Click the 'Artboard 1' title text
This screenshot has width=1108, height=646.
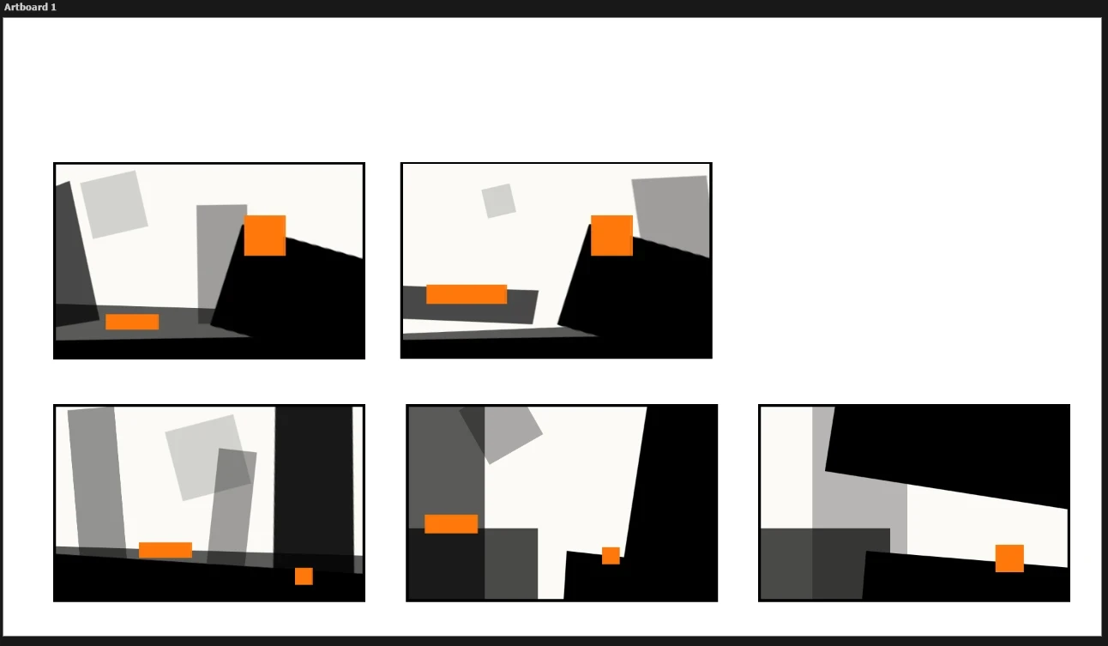pyautogui.click(x=30, y=8)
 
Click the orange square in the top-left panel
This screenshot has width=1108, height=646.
pyautogui.click(x=265, y=235)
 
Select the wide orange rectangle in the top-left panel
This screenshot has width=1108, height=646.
pyautogui.click(x=132, y=322)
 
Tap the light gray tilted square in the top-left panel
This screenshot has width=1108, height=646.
pyautogui.click(x=114, y=205)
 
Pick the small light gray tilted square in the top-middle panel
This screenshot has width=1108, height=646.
pyautogui.click(x=498, y=201)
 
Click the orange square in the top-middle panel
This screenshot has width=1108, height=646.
pyautogui.click(x=611, y=235)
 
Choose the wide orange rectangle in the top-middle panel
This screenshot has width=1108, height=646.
pyautogui.click(x=467, y=293)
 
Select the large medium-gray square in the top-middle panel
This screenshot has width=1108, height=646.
pyautogui.click(x=671, y=216)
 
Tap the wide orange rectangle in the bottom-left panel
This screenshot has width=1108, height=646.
pyautogui.click(x=166, y=550)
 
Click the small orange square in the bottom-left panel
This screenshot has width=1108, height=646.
pyautogui.click(x=304, y=577)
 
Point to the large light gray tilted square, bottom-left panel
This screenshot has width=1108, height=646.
pyautogui.click(x=208, y=457)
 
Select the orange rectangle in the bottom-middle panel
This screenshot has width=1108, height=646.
pyautogui.click(x=451, y=524)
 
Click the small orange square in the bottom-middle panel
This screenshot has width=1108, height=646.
pyautogui.click(x=611, y=555)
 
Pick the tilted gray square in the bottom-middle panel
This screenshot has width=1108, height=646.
pyautogui.click(x=501, y=431)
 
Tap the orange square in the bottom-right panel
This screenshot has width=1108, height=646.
pyautogui.click(x=1009, y=558)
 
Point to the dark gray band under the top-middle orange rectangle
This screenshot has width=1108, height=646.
pyautogui.click(x=470, y=305)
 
